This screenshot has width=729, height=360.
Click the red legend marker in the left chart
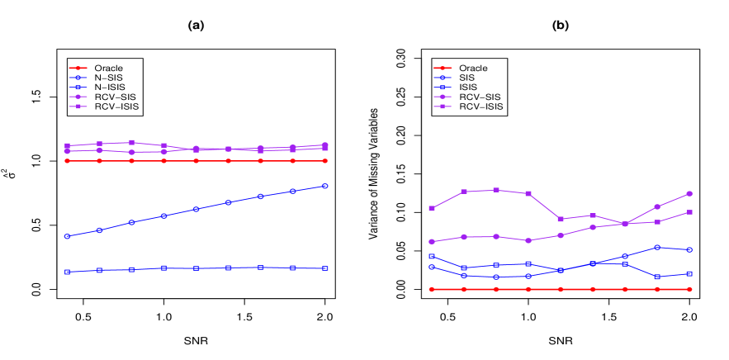pyautogui.click(x=78, y=68)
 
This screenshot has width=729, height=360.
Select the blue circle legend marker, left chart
pyautogui.click(x=78, y=78)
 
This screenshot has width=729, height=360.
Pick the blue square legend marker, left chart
pyautogui.click(x=78, y=87)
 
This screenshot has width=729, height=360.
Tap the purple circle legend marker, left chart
pyautogui.click(x=78, y=97)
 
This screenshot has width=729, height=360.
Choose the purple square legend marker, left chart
pyautogui.click(x=78, y=107)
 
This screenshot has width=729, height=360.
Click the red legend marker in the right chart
pyautogui.click(x=442, y=68)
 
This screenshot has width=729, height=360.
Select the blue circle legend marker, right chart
pyautogui.click(x=442, y=78)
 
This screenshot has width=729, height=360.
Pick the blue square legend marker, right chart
pyautogui.click(x=442, y=87)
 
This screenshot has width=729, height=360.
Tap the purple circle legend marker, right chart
pyautogui.click(x=442, y=97)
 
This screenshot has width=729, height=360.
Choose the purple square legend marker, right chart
pyautogui.click(x=442, y=107)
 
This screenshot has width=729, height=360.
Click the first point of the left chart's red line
pyautogui.click(x=67, y=161)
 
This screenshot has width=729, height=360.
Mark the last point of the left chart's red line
pyautogui.click(x=325, y=161)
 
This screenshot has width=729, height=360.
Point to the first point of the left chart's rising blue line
pyautogui.click(x=67, y=236)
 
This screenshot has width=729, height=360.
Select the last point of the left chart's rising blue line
pyautogui.click(x=325, y=186)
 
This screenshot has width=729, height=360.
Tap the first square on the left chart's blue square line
pyautogui.click(x=67, y=272)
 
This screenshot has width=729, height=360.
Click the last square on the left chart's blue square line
pyautogui.click(x=325, y=268)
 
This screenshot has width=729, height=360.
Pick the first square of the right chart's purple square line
pyautogui.click(x=432, y=208)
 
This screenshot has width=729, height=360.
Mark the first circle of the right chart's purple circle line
pyautogui.click(x=432, y=242)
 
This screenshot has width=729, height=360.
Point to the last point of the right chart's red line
pyautogui.click(x=689, y=289)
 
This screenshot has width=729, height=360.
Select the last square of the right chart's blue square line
pyautogui.click(x=689, y=273)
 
